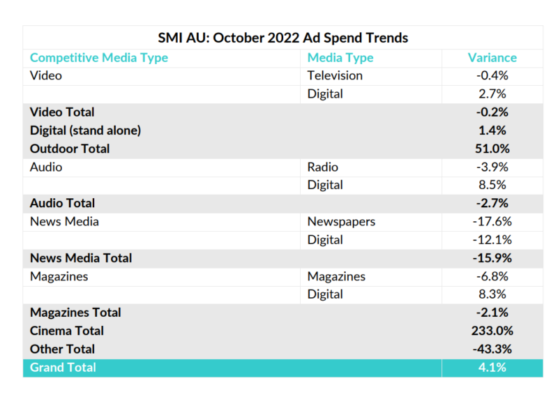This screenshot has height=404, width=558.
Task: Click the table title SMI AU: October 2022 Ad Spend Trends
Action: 283,38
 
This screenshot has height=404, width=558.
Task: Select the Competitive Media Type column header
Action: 99,57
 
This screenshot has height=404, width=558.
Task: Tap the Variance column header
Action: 492,57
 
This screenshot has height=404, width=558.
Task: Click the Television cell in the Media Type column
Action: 335,75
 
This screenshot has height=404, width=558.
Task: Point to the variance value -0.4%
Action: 492,75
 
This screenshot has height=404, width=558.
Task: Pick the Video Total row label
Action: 62,112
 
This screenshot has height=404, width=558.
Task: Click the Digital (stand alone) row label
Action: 85,130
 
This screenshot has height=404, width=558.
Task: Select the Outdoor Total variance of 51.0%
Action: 492,149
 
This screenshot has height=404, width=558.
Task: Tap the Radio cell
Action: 322,167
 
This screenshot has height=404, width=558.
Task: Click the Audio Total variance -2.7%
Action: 492,203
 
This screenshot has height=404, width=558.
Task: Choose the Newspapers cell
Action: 341,221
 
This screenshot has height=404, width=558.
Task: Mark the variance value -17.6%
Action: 492,221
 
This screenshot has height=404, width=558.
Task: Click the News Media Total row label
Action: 81,257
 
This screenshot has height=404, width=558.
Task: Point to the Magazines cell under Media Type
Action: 336,276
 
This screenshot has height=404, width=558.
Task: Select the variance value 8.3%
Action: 492,294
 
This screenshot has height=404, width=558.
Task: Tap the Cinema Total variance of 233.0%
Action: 492,331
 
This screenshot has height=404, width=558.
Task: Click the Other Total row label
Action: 62,349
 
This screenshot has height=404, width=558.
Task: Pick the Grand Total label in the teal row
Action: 63,367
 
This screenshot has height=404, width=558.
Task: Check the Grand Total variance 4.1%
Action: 492,367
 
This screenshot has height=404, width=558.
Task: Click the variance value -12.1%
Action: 492,239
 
